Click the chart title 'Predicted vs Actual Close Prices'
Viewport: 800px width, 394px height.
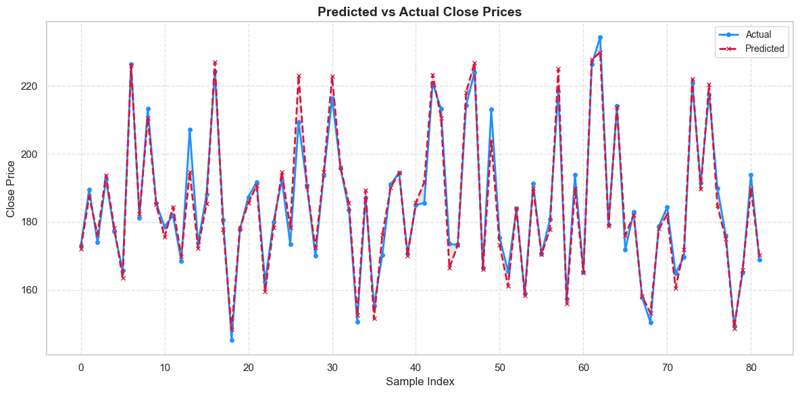point(420,11)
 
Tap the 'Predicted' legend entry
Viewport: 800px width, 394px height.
point(764,49)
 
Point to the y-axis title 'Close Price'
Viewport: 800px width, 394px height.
point(11,188)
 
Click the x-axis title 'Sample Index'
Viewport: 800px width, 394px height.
point(420,382)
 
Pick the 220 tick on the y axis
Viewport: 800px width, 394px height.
point(28,86)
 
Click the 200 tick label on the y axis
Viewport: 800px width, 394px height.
point(28,154)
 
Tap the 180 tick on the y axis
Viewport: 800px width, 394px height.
point(28,223)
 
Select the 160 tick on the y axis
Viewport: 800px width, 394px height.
point(28,290)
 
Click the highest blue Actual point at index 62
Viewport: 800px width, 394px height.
point(600,37)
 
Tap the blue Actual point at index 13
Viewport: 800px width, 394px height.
point(190,130)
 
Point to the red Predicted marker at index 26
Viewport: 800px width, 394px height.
point(299,76)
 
